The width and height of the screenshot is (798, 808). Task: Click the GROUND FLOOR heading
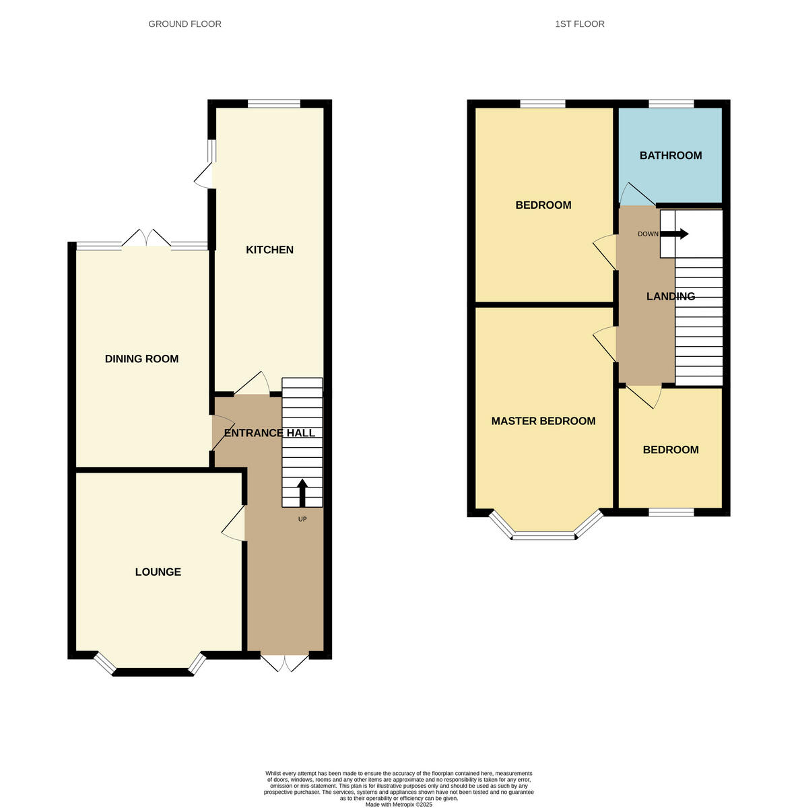tap(185, 24)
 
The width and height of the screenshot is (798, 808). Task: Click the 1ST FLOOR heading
tap(579, 24)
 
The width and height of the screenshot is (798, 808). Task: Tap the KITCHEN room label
tap(269, 250)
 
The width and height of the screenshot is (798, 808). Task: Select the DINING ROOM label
tap(141, 359)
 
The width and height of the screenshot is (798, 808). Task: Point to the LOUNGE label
tap(158, 572)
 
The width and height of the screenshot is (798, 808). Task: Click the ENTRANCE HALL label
tap(269, 433)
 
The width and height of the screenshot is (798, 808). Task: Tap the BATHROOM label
tap(670, 156)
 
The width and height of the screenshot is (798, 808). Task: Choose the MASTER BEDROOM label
tap(543, 421)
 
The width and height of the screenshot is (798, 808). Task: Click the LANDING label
tap(670, 296)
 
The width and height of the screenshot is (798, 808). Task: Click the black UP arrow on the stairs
tap(302, 493)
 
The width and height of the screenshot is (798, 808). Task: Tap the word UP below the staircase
tap(302, 519)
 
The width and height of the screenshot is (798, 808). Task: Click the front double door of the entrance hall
tap(285, 662)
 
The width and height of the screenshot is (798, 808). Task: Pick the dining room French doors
tap(146, 238)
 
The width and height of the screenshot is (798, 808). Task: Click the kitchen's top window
tap(273, 104)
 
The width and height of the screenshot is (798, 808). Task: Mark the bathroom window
tap(671, 104)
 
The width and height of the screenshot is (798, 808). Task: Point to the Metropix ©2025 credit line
tap(399, 804)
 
